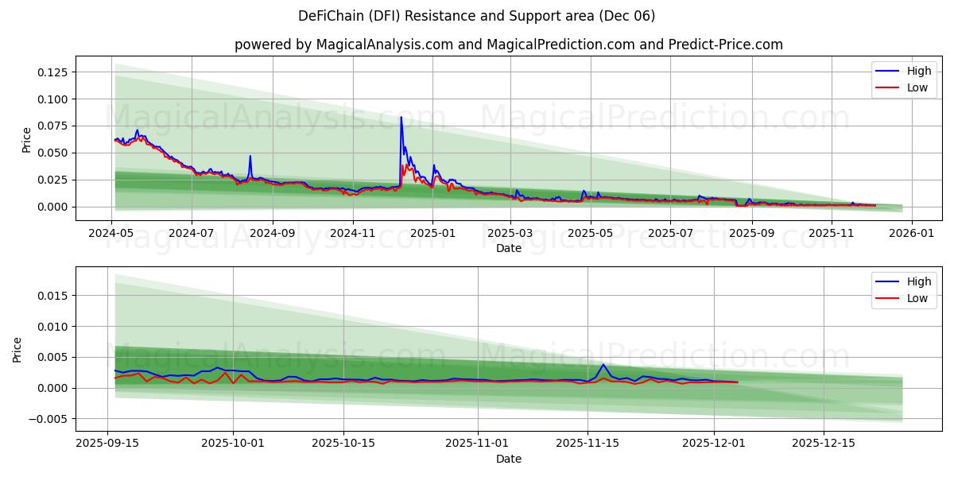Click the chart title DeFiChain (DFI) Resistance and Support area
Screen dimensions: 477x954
(477, 16)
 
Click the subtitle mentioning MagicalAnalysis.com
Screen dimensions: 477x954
(509, 45)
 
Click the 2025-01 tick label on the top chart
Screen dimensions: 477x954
(432, 234)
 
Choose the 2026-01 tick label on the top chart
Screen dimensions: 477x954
(911, 234)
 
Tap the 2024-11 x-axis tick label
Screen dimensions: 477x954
(352, 234)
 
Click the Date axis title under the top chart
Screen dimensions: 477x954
(509, 248)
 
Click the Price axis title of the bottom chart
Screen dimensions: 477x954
(17, 349)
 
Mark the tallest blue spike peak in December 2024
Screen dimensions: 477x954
(401, 118)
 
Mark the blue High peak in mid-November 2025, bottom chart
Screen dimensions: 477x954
(603, 365)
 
